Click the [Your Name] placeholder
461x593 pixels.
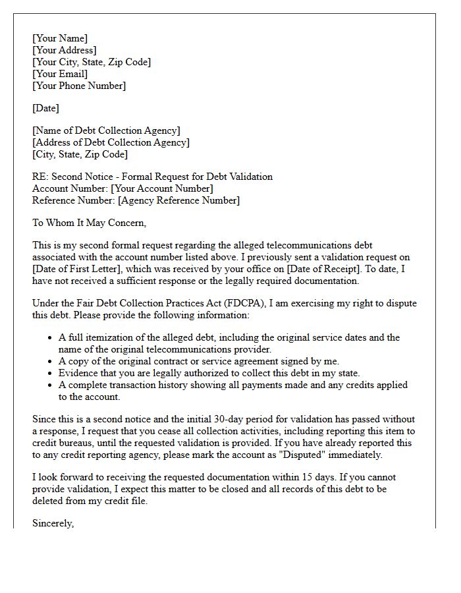tap(60, 38)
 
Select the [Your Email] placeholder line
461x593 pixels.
tap(60, 74)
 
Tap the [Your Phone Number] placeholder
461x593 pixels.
tap(79, 86)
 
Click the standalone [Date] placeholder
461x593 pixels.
tap(45, 108)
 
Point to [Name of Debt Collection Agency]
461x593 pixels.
tap(106, 130)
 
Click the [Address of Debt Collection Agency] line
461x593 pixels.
tap(111, 142)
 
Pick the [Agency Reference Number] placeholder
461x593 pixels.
tap(178, 200)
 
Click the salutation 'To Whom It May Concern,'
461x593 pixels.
tap(89, 223)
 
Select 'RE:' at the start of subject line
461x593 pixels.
tap(40, 177)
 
